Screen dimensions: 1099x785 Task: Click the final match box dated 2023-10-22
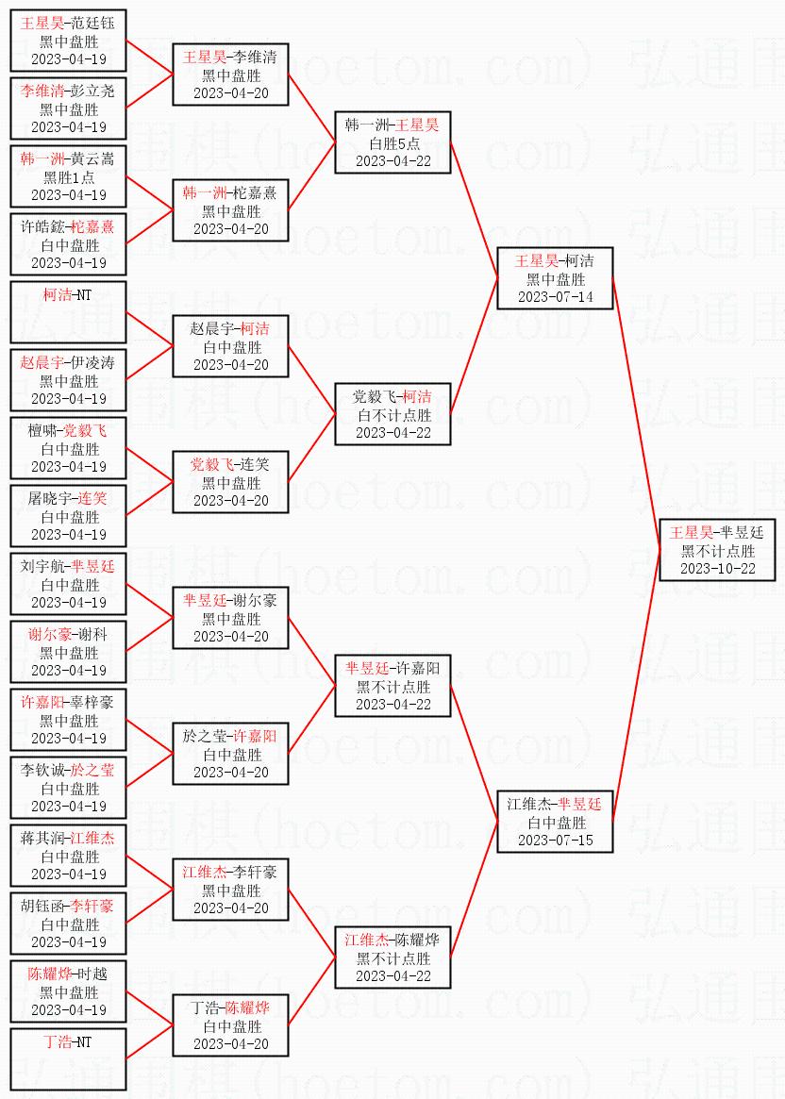pyautogui.click(x=717, y=550)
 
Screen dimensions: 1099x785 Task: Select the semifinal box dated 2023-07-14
pyautogui.click(x=555, y=278)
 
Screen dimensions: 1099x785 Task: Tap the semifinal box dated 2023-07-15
pyautogui.click(x=555, y=822)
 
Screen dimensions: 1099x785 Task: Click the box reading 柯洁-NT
pyautogui.click(x=68, y=312)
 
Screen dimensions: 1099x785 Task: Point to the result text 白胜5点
pyautogui.click(x=392, y=143)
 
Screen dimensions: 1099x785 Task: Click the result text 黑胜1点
pyautogui.click(x=68, y=176)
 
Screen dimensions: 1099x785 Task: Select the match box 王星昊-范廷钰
pyautogui.click(x=68, y=41)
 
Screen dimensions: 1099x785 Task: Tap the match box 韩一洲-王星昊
pyautogui.click(x=392, y=142)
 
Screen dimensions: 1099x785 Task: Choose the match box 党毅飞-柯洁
pyautogui.click(x=392, y=414)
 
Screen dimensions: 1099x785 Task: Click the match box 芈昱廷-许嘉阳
pyautogui.click(x=392, y=686)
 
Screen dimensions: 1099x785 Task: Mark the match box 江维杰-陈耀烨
pyautogui.click(x=392, y=957)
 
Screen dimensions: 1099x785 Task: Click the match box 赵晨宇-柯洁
pyautogui.click(x=230, y=346)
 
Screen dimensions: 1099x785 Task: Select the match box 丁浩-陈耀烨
pyautogui.click(x=230, y=1025)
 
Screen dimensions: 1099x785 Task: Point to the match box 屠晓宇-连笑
pyautogui.click(x=68, y=516)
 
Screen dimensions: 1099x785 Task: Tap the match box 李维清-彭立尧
pyautogui.click(x=68, y=108)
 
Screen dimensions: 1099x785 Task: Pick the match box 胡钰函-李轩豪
pyautogui.click(x=68, y=924)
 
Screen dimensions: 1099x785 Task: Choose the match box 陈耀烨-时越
pyautogui.click(x=68, y=991)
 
